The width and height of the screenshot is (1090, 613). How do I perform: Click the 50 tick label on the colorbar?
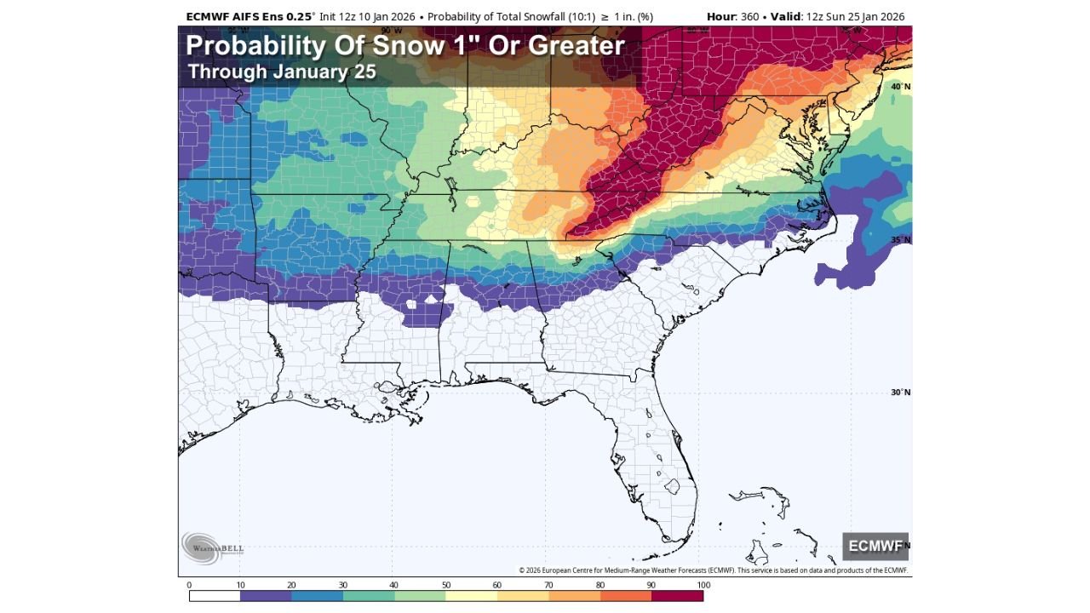click(445, 585)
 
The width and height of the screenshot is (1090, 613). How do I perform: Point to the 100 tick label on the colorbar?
click(703, 585)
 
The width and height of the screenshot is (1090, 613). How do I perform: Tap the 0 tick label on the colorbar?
click(189, 585)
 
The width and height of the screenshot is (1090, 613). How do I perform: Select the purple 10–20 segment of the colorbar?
click(266, 596)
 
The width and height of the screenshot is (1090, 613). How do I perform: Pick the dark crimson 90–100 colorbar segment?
click(677, 596)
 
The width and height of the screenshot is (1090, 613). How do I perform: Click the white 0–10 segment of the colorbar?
click(215, 596)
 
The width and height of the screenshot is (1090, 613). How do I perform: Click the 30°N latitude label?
click(900, 392)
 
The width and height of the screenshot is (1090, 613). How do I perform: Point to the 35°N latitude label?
click(900, 240)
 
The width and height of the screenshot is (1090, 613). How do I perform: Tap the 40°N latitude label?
click(900, 87)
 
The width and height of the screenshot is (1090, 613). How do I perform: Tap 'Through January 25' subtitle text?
click(281, 72)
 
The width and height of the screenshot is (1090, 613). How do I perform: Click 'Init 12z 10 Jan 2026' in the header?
click(367, 16)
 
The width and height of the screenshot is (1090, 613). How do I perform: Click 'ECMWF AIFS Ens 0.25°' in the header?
click(250, 16)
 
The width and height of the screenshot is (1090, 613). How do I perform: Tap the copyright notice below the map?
click(713, 570)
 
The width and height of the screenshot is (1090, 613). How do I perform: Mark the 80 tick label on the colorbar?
click(599, 585)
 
